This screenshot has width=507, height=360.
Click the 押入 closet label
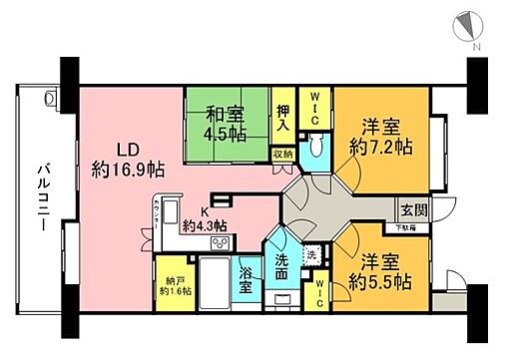282,119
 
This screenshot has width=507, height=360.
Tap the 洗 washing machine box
311,254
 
